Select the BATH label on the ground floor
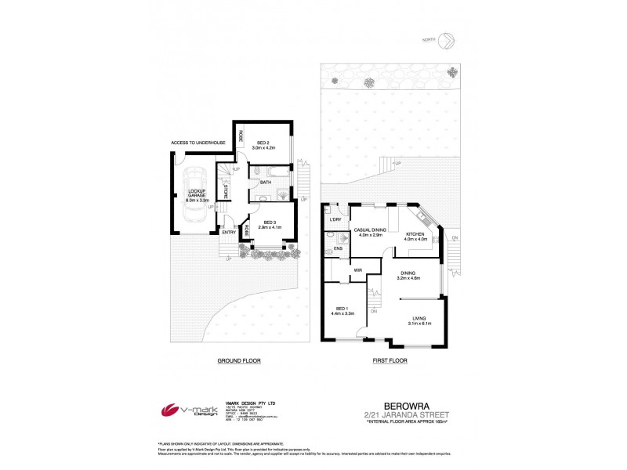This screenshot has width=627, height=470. [x=266, y=183]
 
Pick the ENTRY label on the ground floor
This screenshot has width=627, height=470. [x=230, y=232]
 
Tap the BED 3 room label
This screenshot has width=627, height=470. [x=270, y=222]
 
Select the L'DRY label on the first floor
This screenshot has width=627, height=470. [x=335, y=219]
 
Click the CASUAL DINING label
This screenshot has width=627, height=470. [x=368, y=230]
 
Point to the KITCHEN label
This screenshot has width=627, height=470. [x=416, y=234]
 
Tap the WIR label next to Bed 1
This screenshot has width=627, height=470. [x=357, y=270]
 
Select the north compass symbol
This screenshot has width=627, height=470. [x=447, y=40]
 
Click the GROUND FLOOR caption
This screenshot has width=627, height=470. [x=240, y=361]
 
